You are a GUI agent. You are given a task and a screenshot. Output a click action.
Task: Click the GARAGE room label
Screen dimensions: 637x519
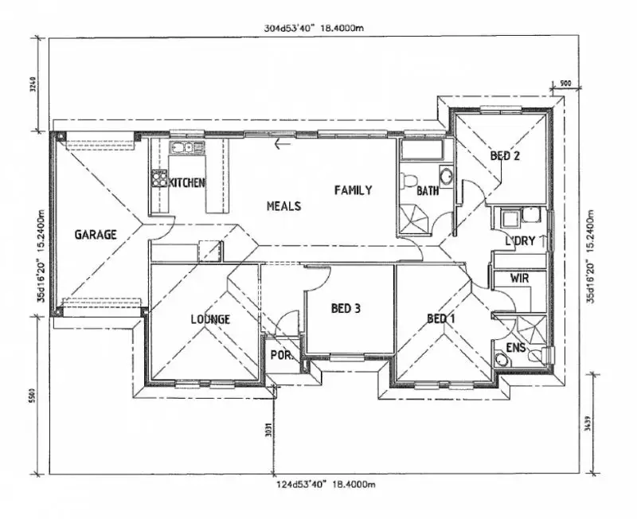click(x=96, y=235)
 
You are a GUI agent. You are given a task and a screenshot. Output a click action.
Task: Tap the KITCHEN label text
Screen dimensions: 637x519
click(x=187, y=183)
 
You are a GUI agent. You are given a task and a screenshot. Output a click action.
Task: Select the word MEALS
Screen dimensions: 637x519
click(x=283, y=206)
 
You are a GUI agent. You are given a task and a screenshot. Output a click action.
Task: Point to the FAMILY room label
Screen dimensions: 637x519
click(x=353, y=190)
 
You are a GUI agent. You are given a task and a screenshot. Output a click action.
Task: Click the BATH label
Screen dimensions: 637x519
click(x=428, y=191)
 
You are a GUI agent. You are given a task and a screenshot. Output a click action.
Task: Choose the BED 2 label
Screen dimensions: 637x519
click(x=505, y=156)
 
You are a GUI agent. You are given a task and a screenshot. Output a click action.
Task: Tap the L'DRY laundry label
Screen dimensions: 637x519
click(x=519, y=240)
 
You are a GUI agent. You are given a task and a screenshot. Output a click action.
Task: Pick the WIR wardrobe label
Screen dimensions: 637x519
click(x=518, y=279)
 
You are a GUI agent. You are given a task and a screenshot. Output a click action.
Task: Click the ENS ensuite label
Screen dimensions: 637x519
click(x=515, y=348)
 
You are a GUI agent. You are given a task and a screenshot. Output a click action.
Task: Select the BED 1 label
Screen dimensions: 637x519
click(x=440, y=319)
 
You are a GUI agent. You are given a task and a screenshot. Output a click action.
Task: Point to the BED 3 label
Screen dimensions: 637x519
click(x=346, y=308)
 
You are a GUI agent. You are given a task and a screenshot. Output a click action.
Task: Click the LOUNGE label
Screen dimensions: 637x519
click(x=210, y=319)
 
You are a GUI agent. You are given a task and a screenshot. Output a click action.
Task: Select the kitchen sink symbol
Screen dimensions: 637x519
click(x=189, y=147)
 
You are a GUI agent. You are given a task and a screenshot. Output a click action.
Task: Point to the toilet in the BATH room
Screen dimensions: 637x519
click(x=410, y=180)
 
